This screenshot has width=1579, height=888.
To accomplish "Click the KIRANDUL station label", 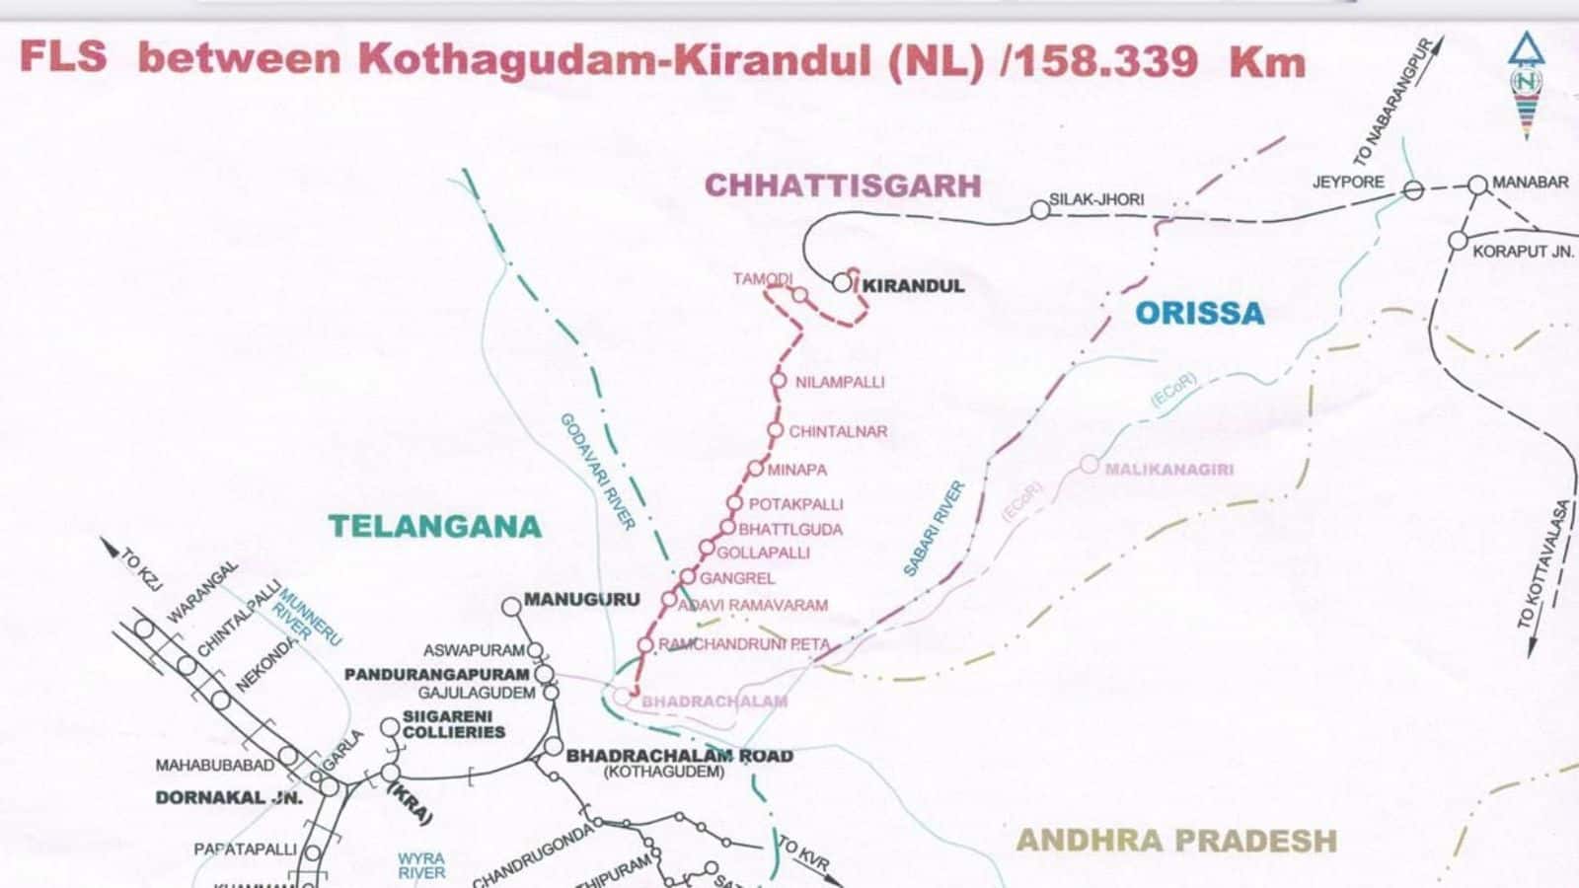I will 912,286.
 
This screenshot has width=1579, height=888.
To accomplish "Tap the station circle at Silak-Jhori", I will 1039,209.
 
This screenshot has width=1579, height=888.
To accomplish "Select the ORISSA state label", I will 1199,314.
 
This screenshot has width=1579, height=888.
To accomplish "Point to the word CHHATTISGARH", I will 843,185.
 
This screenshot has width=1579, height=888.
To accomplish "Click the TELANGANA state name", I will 435,526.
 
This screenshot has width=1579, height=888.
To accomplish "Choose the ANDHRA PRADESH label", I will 1176,841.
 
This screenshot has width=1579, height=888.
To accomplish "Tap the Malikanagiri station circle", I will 1090,464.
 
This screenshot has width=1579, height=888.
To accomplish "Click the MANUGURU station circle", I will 511,607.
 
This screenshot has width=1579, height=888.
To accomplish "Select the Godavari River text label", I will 598,472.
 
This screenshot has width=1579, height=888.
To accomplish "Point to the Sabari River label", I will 934,529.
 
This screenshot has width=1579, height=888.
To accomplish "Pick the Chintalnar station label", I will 837,431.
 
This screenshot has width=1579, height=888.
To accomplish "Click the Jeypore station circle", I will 1413,190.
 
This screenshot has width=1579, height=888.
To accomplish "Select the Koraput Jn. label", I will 1522,252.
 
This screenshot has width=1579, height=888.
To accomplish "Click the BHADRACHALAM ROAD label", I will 679,756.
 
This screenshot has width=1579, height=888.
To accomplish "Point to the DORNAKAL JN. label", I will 215,797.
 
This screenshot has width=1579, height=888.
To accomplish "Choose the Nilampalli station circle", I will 778,381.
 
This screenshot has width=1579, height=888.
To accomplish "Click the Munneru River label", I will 307,618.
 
